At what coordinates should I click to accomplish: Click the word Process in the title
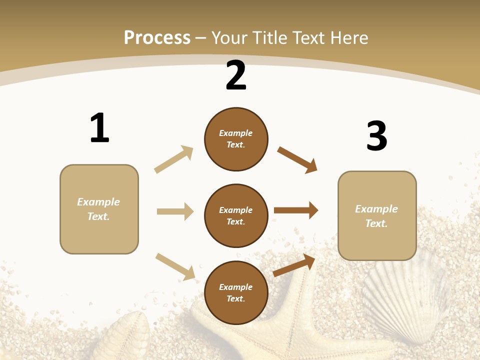[157, 37]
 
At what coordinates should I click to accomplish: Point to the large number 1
[99, 128]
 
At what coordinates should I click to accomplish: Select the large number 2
[236, 76]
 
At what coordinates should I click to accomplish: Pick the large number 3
[376, 136]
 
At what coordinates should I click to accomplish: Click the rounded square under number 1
[99, 209]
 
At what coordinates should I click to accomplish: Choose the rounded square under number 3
[377, 215]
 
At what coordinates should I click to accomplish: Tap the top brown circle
[236, 139]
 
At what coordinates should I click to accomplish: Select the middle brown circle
[236, 215]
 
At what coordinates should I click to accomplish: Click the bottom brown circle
[236, 292]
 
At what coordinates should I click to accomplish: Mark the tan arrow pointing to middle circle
[175, 211]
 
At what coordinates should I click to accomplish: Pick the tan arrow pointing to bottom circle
[175, 266]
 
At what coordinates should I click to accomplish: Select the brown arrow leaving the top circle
[297, 159]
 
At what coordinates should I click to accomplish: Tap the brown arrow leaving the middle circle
[296, 210]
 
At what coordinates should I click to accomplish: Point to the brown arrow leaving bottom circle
[294, 265]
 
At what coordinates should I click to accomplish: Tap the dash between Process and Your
[201, 38]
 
